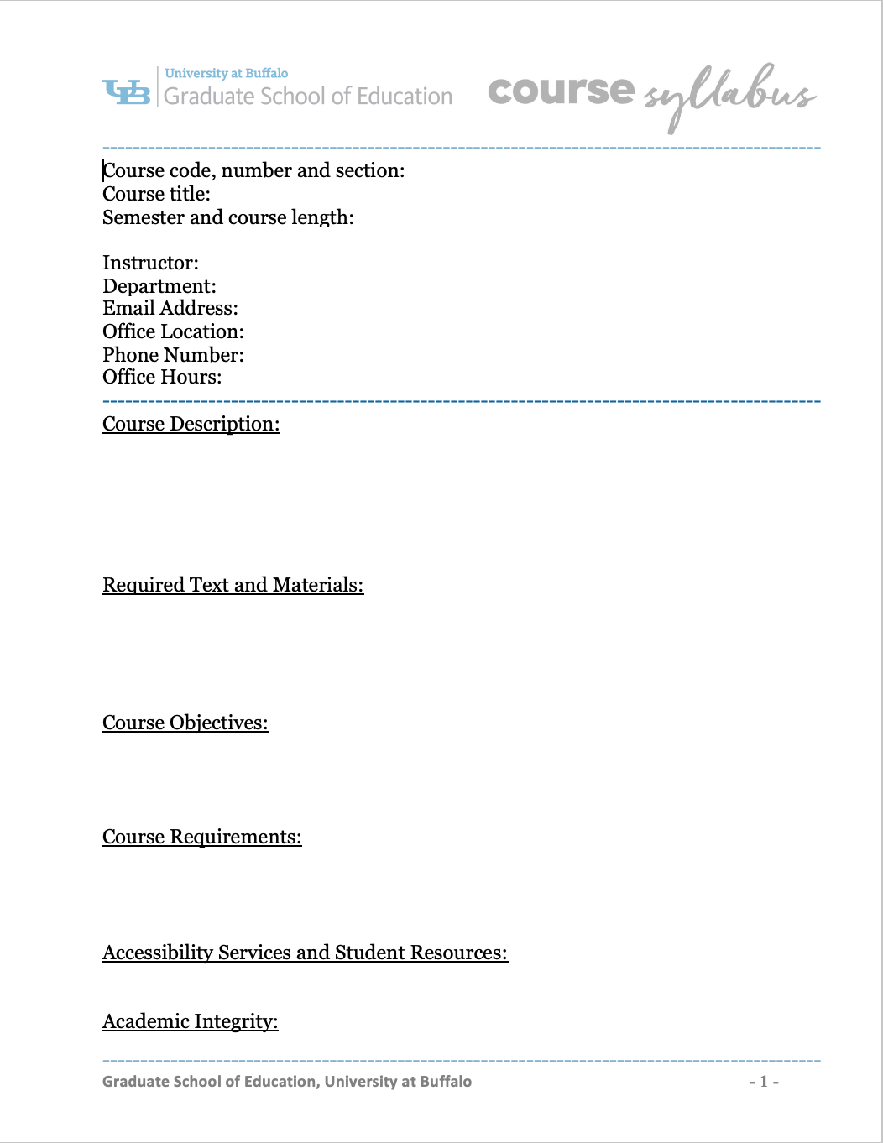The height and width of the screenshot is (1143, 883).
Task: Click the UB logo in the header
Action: (x=127, y=91)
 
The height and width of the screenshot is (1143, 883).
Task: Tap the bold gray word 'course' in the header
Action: (x=561, y=91)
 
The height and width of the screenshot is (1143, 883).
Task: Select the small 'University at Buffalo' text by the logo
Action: (x=226, y=73)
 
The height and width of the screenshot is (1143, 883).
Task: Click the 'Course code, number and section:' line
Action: (x=253, y=170)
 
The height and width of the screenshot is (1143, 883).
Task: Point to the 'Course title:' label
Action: (x=156, y=194)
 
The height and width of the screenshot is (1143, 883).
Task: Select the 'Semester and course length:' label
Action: (x=227, y=217)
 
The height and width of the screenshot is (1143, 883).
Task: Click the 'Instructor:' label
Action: (x=150, y=263)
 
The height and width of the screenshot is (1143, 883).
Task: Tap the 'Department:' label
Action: (x=159, y=286)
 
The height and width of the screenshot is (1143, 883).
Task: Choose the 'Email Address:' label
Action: (x=170, y=308)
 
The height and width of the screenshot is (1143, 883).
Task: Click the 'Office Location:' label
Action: (x=173, y=331)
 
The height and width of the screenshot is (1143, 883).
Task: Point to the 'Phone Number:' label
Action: (x=173, y=355)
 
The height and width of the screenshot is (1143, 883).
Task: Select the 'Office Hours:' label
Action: (x=162, y=377)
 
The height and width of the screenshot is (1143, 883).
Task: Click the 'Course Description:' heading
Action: (x=191, y=424)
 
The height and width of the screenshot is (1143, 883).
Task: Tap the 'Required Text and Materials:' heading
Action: (x=233, y=585)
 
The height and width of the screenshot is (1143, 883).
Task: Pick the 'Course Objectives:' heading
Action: (x=185, y=723)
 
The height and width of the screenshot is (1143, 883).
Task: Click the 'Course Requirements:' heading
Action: (x=201, y=837)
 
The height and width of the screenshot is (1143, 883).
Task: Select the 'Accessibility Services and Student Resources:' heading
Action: (x=305, y=952)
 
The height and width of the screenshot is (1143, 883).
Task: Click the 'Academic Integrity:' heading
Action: (x=190, y=1021)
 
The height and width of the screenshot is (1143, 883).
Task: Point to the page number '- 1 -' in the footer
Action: (x=764, y=1082)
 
